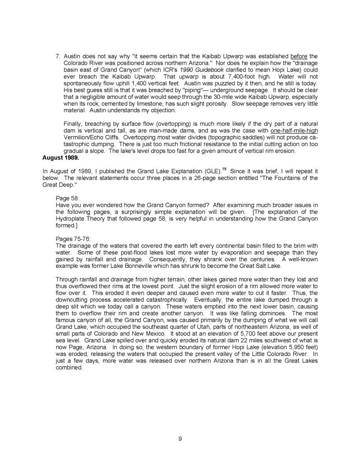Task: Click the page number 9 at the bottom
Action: (180, 438)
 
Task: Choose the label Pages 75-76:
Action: (76, 238)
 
